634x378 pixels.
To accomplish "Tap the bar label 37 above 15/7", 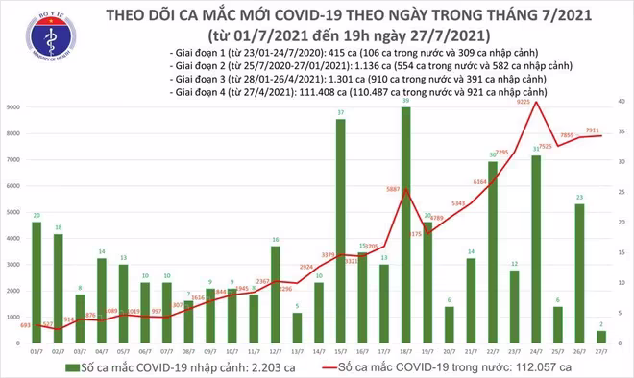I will coord(341,113).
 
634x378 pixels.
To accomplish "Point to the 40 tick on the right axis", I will coord(622,101).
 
